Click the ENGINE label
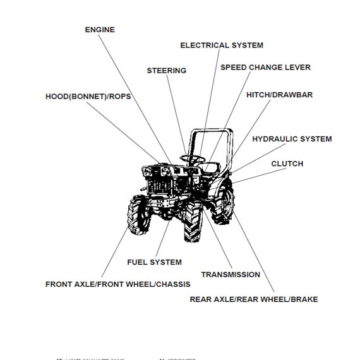pyautogui.click(x=99, y=29)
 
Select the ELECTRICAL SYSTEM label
pyautogui.click(x=222, y=45)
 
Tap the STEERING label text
pyautogui.click(x=167, y=71)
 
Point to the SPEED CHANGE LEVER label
pyautogui.click(x=265, y=67)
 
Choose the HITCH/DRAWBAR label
pyautogui.click(x=279, y=95)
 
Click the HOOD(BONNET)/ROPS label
pyautogui.click(x=87, y=97)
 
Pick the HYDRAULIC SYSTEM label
pyautogui.click(x=292, y=139)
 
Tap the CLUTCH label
pyautogui.click(x=287, y=164)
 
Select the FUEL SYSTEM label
pyautogui.click(x=154, y=262)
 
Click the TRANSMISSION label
pyautogui.click(x=231, y=275)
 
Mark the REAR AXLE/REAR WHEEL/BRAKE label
pyautogui.click(x=254, y=299)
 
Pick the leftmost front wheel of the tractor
pyautogui.click(x=140, y=215)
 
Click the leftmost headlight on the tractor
pyautogui.click(x=149, y=171)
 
